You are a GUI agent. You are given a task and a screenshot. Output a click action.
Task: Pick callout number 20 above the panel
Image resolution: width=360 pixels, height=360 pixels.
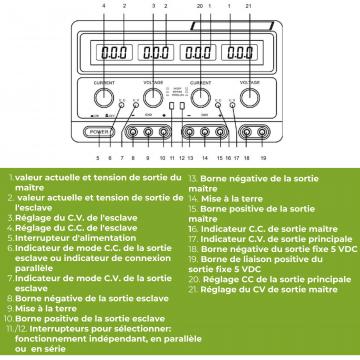pos(199,7)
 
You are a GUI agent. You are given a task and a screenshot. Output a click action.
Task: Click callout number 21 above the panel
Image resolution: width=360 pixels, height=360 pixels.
pos(247,7)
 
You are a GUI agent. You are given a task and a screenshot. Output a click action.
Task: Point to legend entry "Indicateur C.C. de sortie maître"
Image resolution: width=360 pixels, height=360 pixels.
pos(248,256)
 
